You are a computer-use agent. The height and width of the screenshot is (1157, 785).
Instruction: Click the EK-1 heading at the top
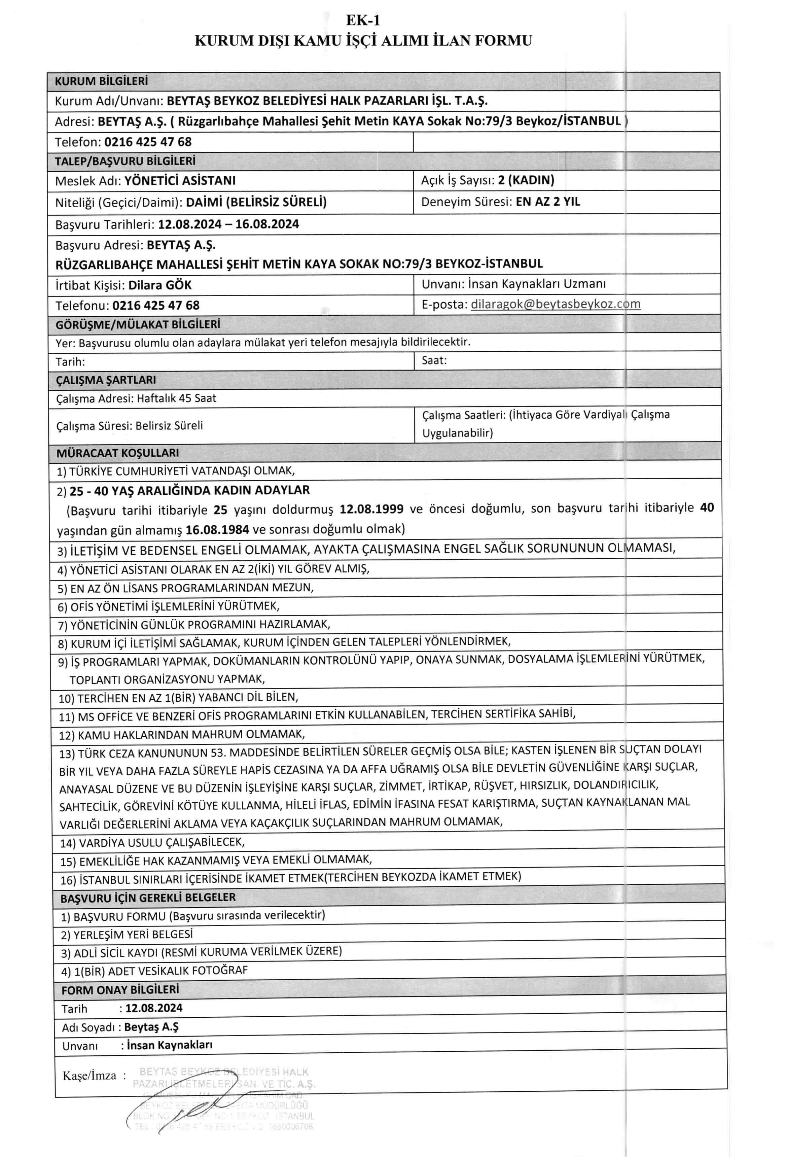pyautogui.click(x=363, y=21)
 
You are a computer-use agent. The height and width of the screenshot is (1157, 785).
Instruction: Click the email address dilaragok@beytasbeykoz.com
pyautogui.click(x=555, y=304)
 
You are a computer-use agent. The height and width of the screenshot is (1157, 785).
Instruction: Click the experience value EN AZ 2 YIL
pyautogui.click(x=547, y=202)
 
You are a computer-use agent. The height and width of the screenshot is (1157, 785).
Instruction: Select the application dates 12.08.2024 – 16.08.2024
pyautogui.click(x=228, y=224)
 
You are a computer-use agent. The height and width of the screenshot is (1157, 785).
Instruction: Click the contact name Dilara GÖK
pyautogui.click(x=160, y=285)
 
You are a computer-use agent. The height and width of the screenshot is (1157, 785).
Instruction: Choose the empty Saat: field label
pyautogui.click(x=434, y=360)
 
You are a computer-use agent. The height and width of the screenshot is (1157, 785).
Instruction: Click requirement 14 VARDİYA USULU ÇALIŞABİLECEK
pyautogui.click(x=161, y=842)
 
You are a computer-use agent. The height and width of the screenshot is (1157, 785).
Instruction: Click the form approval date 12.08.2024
pyautogui.click(x=154, y=1008)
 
